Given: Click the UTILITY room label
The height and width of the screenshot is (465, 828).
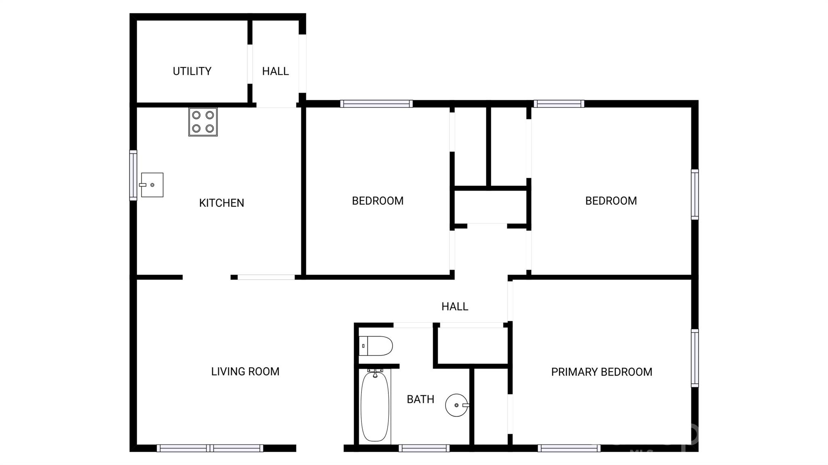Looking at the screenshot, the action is (192, 72).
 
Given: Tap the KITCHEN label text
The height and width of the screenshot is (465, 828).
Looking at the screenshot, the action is (222, 203).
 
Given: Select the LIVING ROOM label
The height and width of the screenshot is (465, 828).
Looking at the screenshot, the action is (245, 372).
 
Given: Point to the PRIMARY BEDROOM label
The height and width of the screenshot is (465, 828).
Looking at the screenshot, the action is (602, 372).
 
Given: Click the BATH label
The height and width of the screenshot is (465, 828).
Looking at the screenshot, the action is (420, 400).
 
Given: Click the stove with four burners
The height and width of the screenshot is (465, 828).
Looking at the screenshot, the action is (203, 122).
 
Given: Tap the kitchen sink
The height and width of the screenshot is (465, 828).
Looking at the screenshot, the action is (152, 185).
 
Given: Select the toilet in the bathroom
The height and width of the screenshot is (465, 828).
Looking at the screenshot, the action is (376, 346).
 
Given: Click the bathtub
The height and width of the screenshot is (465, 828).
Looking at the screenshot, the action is (375, 406).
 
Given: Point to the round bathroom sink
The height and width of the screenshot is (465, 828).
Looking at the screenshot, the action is (457, 405).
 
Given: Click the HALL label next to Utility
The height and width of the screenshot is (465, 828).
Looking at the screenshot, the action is (275, 72).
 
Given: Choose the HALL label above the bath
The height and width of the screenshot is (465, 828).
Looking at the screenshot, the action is (455, 307).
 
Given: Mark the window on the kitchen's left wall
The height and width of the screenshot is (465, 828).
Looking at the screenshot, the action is (133, 175).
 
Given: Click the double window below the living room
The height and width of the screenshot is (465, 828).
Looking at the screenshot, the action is (210, 448).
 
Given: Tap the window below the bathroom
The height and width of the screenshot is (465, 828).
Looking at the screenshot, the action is (424, 448).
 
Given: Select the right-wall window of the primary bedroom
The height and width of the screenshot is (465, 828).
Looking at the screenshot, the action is (695, 358).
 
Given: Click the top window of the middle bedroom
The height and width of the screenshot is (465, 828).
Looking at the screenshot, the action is (376, 104).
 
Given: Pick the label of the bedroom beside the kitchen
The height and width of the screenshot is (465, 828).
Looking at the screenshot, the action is (378, 201).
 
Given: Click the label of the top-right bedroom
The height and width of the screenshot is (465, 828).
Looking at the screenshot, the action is (611, 201).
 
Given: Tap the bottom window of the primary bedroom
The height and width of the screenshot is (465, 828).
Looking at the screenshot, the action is (569, 448).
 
